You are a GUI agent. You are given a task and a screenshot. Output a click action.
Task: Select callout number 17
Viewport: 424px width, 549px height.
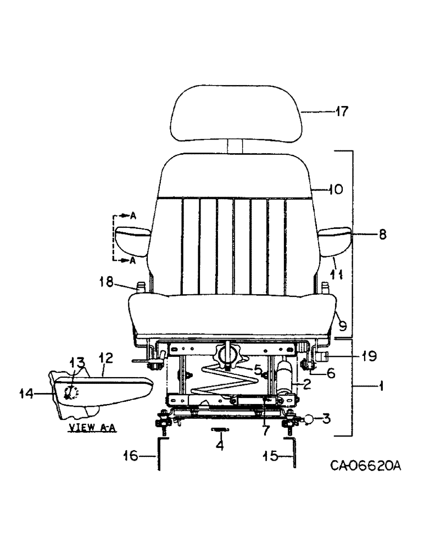342,112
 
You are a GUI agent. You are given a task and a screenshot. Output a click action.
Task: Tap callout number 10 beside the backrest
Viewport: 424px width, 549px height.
336,190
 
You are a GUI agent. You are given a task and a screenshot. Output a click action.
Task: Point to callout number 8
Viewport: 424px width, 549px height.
382,234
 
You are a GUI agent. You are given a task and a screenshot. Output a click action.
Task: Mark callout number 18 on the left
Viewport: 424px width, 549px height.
107,282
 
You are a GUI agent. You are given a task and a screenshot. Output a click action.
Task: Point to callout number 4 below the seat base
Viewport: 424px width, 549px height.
220,446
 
